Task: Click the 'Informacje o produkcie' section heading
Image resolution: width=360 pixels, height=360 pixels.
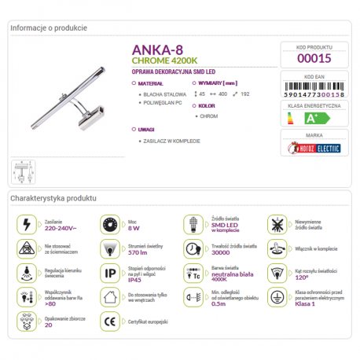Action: tap(49, 28)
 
